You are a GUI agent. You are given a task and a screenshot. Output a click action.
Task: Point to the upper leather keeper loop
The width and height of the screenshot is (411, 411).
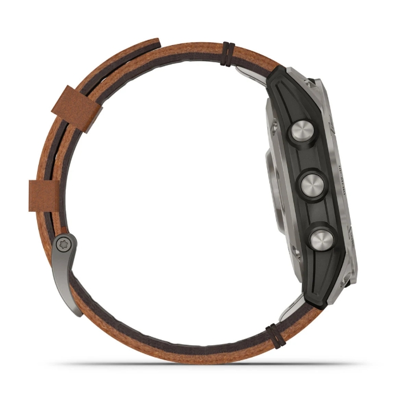point(72,108)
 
